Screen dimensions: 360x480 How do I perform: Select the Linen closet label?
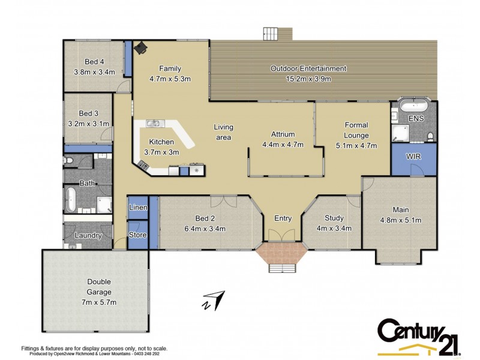pyautogui.click(x=138, y=207)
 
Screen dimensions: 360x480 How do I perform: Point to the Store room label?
pyautogui.click(x=138, y=235)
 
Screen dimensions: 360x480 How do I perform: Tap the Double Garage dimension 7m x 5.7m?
pyautogui.click(x=98, y=302)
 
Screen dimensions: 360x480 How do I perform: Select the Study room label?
pyautogui.click(x=334, y=218)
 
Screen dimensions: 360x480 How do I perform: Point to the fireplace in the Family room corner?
pyautogui.click(x=140, y=48)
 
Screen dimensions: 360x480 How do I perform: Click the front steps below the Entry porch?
pyautogui.click(x=282, y=268)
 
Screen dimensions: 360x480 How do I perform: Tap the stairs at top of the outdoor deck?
pyautogui.click(x=271, y=34)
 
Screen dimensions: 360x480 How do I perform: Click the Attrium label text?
pyautogui.click(x=283, y=134)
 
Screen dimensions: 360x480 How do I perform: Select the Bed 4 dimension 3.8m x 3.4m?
pyautogui.click(x=94, y=71)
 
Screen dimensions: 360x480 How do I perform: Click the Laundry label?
pyautogui.click(x=88, y=236)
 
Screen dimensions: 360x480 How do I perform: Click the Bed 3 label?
pyautogui.click(x=88, y=113)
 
